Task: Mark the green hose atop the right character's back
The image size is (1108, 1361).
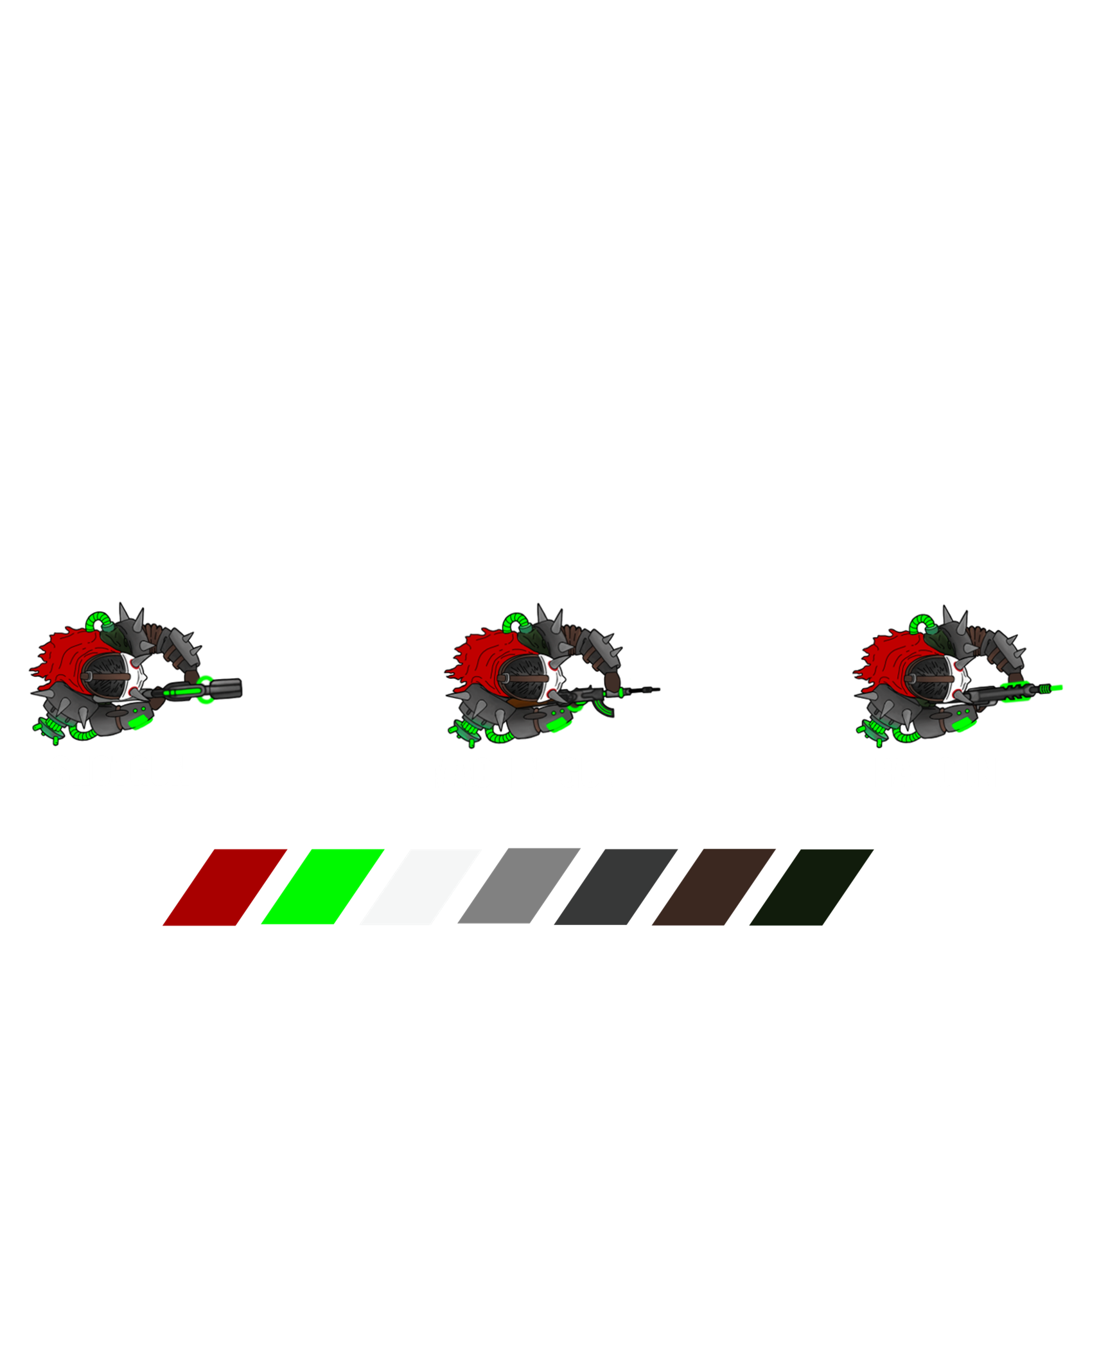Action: pos(921,623)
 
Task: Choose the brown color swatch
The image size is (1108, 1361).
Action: pos(707,890)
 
